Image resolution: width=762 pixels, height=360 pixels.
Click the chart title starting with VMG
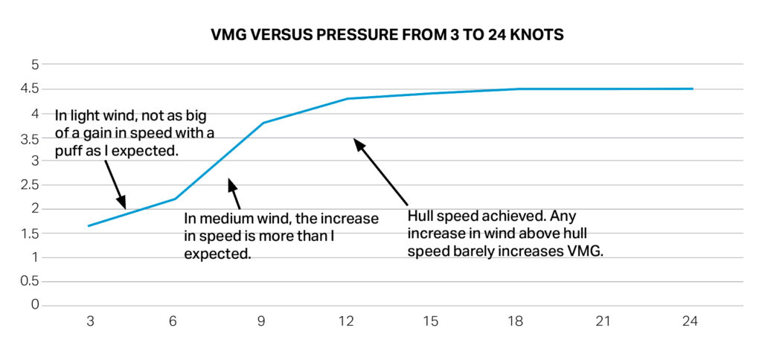click(x=381, y=34)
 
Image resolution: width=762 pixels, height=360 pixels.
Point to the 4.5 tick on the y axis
click(x=29, y=89)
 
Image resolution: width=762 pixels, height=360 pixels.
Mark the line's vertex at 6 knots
click(x=176, y=199)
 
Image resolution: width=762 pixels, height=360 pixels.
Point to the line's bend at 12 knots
click(x=348, y=98)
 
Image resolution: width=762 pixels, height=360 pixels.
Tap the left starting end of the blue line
click(x=89, y=225)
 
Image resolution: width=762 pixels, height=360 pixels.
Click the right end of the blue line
click(x=692, y=89)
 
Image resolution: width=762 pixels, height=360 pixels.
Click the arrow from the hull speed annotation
click(x=380, y=171)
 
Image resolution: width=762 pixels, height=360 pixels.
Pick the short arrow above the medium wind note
click(x=235, y=193)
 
